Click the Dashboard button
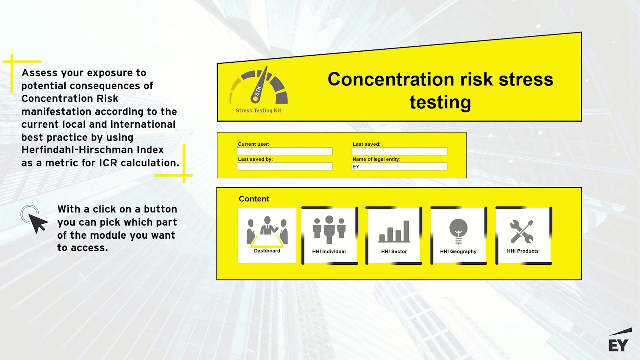[267, 235]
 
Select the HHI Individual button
[329, 235]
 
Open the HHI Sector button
[394, 235]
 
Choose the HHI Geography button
[458, 235]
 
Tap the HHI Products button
[523, 235]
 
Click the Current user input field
[285, 151]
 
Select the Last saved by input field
[285, 166]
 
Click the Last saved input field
[399, 151]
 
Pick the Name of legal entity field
[399, 167]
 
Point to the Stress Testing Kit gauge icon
[259, 87]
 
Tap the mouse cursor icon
[36, 220]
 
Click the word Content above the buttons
[254, 199]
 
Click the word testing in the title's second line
[440, 102]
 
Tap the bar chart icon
[394, 231]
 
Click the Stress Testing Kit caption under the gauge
[258, 111]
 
